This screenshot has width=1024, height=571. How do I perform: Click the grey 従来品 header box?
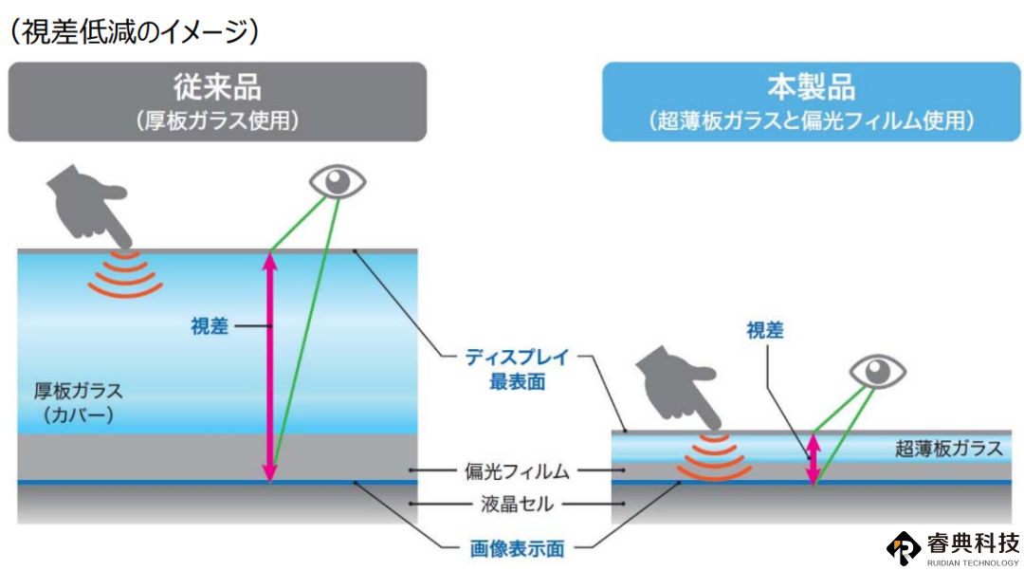tap(217, 101)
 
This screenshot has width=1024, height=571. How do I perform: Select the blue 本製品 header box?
tap(811, 101)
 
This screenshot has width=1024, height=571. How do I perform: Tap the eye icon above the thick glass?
tap(337, 181)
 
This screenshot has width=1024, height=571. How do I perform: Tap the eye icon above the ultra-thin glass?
tap(878, 372)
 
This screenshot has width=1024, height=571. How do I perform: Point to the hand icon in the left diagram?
tap(88, 205)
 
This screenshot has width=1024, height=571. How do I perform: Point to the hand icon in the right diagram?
tap(678, 387)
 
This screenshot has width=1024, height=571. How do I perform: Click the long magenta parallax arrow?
tap(269, 366)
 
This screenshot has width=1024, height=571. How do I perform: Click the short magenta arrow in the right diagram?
tap(814, 459)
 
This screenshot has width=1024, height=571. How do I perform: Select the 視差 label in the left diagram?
tap(210, 326)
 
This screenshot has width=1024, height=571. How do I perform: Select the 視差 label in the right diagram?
tap(765, 330)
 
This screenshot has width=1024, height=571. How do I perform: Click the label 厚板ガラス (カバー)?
tap(79, 402)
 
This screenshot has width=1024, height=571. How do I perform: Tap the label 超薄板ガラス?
tap(948, 449)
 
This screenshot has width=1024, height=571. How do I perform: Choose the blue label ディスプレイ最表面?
tap(518, 370)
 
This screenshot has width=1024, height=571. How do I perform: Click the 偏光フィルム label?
tap(517, 471)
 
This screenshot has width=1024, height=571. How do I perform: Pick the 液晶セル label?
tap(517, 504)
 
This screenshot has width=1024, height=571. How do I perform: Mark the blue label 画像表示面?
tap(518, 549)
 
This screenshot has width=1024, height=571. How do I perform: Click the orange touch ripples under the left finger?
tap(125, 274)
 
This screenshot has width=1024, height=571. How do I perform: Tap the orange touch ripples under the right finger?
tap(715, 456)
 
